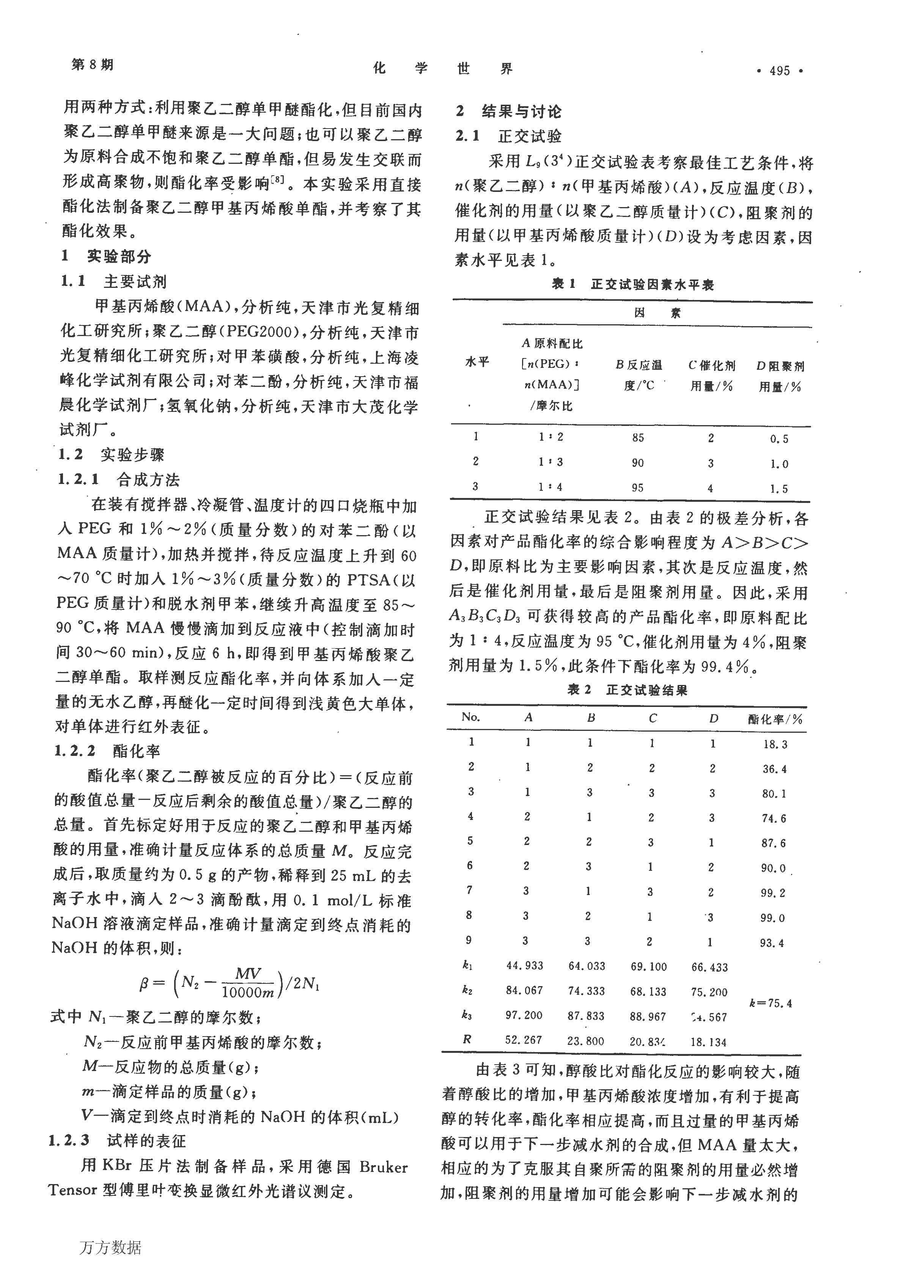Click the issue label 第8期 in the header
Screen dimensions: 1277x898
92,65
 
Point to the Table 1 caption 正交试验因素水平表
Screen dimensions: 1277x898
652,285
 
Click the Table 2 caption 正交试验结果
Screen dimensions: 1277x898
646,690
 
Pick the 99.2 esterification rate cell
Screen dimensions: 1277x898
773,893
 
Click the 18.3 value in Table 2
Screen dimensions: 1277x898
774,744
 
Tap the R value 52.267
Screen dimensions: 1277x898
524,1040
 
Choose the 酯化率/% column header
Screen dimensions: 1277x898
775,719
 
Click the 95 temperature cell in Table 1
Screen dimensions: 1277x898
638,488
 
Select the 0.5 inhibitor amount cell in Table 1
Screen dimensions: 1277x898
779,439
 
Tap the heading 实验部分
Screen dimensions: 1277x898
119,256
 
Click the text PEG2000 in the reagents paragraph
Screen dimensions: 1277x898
259,332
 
